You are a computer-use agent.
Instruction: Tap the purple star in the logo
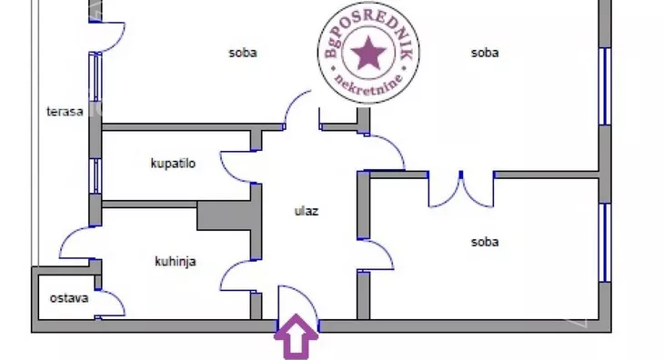pyautogui.click(x=368, y=54)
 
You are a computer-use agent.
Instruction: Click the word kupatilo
pyautogui.click(x=174, y=164)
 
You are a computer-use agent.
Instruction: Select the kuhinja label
pyautogui.click(x=176, y=261)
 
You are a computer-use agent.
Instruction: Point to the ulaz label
pyautogui.click(x=306, y=211)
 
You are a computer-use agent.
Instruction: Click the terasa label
pyautogui.click(x=65, y=112)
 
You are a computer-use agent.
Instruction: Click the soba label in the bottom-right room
pyautogui.click(x=485, y=242)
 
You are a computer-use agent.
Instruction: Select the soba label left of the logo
pyautogui.click(x=243, y=53)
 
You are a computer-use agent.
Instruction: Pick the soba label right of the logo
pyautogui.click(x=485, y=53)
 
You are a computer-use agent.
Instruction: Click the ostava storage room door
pyautogui.click(x=112, y=304)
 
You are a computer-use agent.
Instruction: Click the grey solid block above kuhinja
pyautogui.click(x=225, y=215)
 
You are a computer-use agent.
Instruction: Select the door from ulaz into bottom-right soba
pyautogui.click(x=378, y=255)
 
